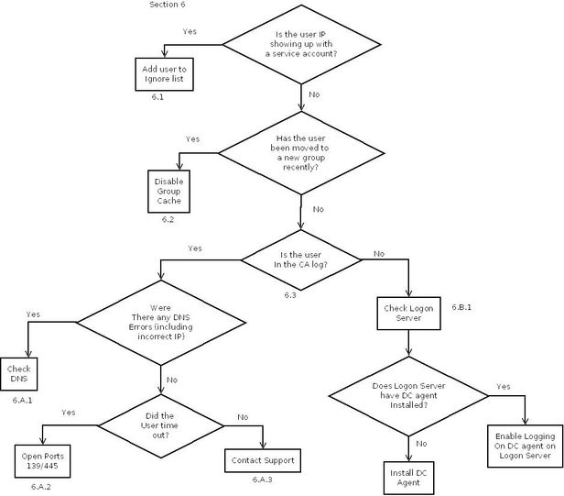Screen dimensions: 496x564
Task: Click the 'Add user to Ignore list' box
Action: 163,73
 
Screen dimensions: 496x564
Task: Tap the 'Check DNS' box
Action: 19,375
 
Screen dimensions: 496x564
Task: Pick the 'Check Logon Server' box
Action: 408,314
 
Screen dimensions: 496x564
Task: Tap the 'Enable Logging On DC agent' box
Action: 526,443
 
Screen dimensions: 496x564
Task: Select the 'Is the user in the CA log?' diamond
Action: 299,260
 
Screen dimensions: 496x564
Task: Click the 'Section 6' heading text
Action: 171,6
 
